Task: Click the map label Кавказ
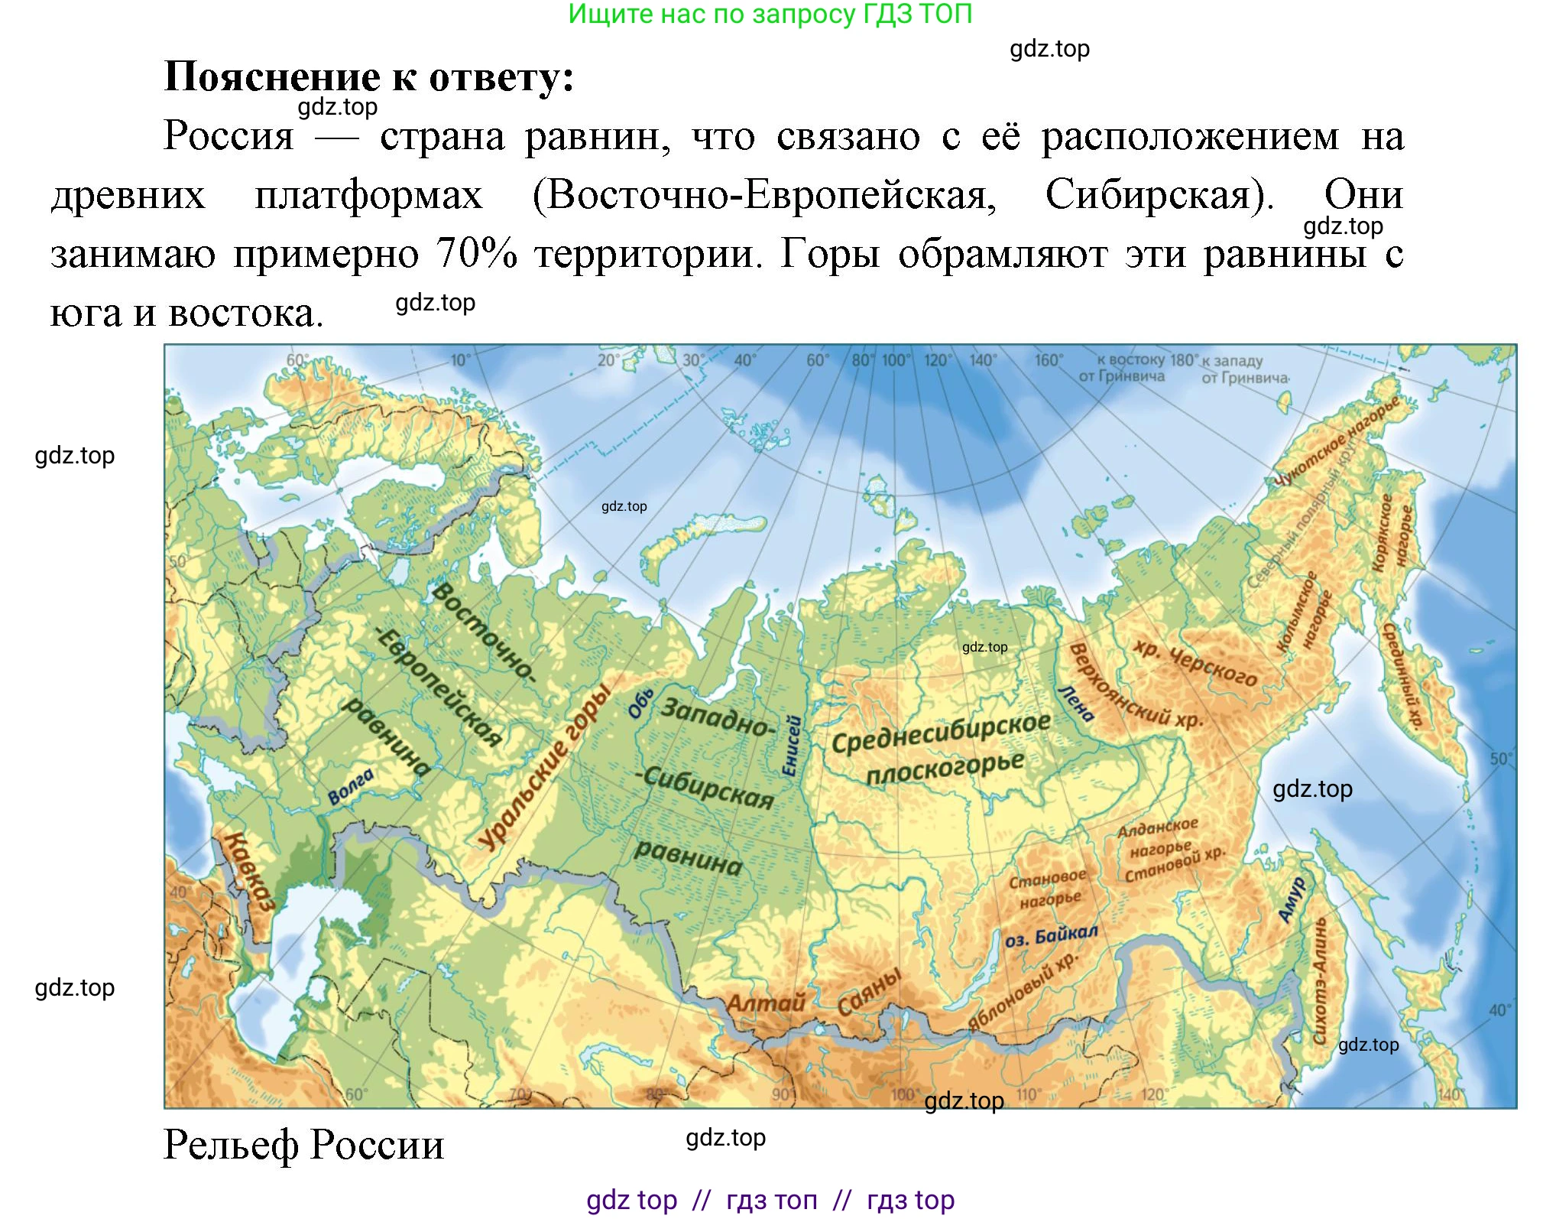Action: tap(248, 871)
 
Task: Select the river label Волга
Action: tap(351, 787)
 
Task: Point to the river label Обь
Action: tap(640, 703)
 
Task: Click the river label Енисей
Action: tap(793, 746)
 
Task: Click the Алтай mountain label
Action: tap(766, 1003)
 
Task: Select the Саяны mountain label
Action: tap(870, 991)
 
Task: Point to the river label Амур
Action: tap(1292, 899)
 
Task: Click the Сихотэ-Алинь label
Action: tap(1320, 981)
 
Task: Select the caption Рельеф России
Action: tap(303, 1145)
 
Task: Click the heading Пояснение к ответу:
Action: tap(369, 76)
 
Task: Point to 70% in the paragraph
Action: tap(476, 253)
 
